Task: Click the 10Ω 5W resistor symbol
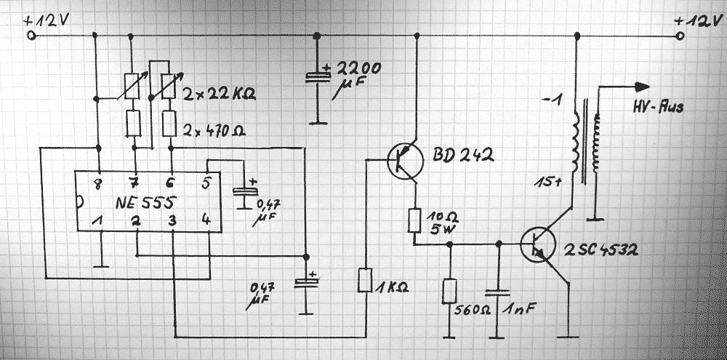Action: (x=415, y=220)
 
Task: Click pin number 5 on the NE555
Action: (x=206, y=182)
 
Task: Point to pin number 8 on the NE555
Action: (x=98, y=182)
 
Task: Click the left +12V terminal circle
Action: (x=31, y=35)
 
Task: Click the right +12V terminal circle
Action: (x=679, y=35)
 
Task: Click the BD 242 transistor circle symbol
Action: (x=403, y=161)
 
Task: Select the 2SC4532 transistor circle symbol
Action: (x=539, y=243)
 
